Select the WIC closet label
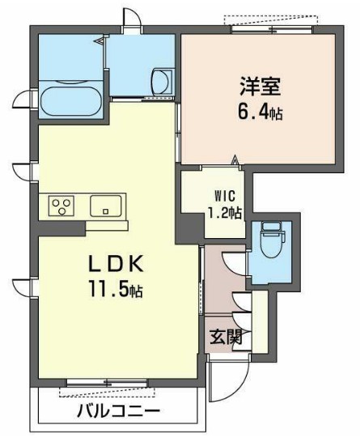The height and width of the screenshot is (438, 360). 223,195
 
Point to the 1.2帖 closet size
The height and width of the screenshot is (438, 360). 224,213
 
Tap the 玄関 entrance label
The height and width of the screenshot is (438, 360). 226,337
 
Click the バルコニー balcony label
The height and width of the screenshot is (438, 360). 118,411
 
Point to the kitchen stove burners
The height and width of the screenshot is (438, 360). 61,206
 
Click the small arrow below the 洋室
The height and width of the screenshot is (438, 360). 236,160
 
